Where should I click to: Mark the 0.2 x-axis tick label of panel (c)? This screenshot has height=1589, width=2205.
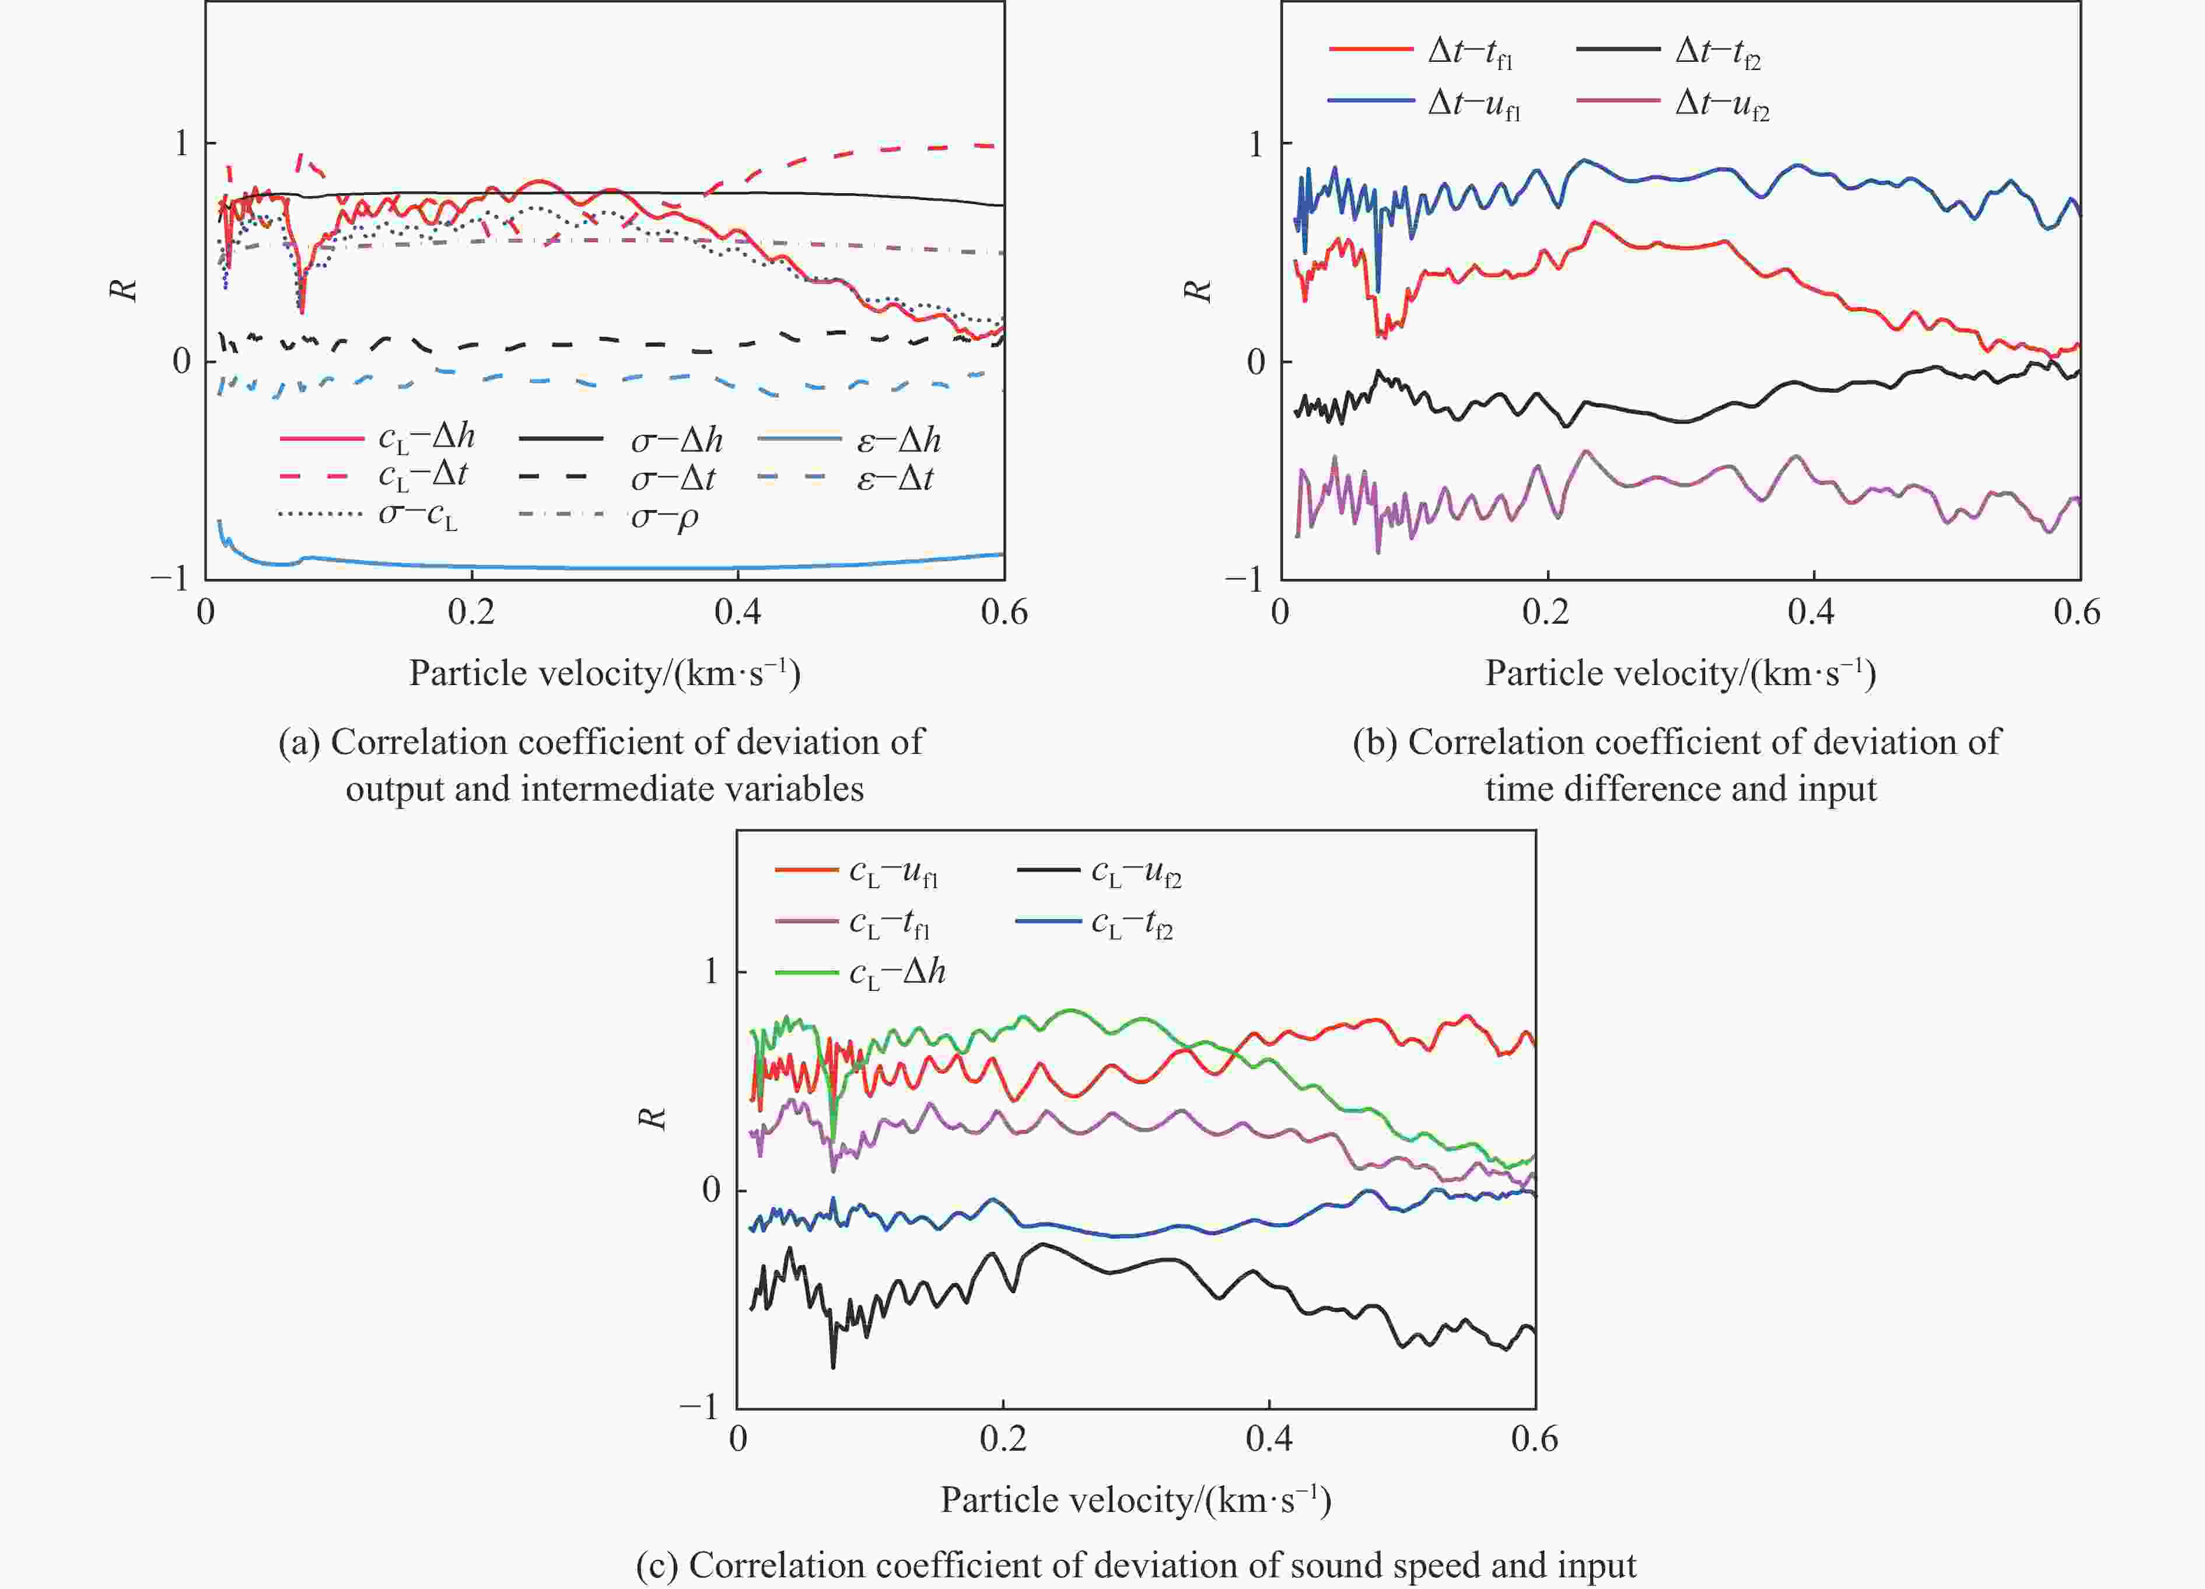pos(1002,1439)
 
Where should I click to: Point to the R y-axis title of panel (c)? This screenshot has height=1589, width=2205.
pos(653,1118)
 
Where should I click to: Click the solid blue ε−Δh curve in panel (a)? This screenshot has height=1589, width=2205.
pos(583,567)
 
